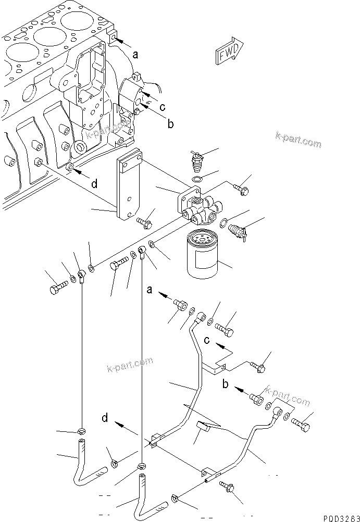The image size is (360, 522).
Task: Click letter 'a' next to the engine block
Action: click(135, 54)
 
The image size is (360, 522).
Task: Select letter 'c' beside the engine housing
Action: click(163, 107)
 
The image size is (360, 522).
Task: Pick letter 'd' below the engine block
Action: click(94, 183)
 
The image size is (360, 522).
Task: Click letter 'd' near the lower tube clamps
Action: click(106, 417)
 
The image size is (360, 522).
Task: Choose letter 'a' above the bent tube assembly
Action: click(150, 290)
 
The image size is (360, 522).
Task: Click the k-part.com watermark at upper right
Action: click(299, 140)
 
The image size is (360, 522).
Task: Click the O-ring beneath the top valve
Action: click(197, 180)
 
